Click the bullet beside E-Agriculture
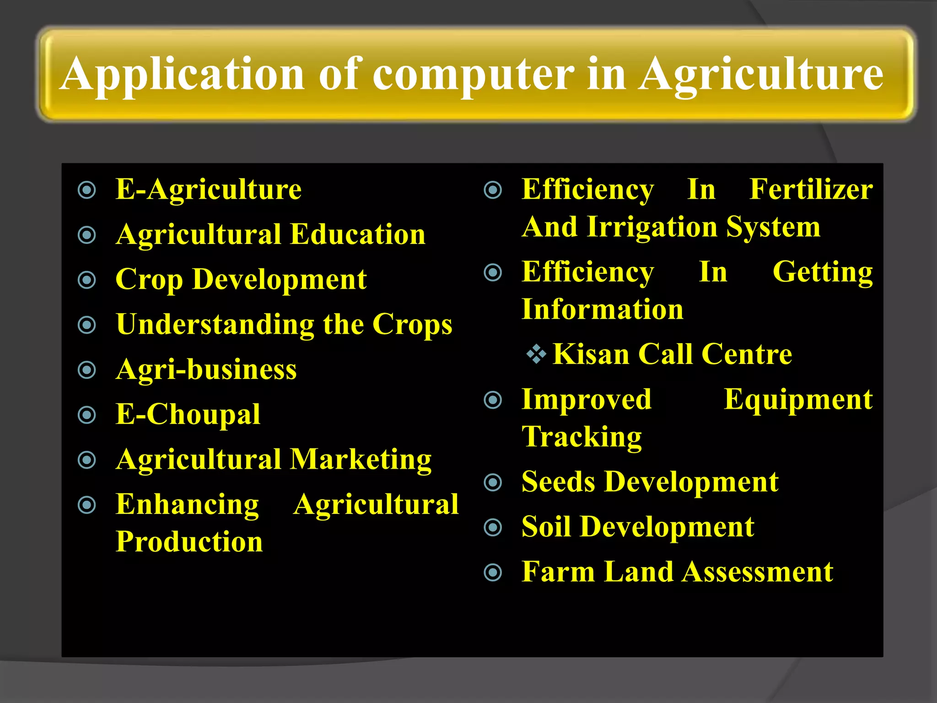(87, 190)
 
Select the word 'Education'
(358, 235)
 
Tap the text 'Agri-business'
(206, 370)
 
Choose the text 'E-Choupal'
(188, 415)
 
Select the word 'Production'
(189, 542)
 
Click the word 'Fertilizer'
(811, 190)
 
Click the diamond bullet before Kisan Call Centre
(536, 354)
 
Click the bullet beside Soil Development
(493, 528)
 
